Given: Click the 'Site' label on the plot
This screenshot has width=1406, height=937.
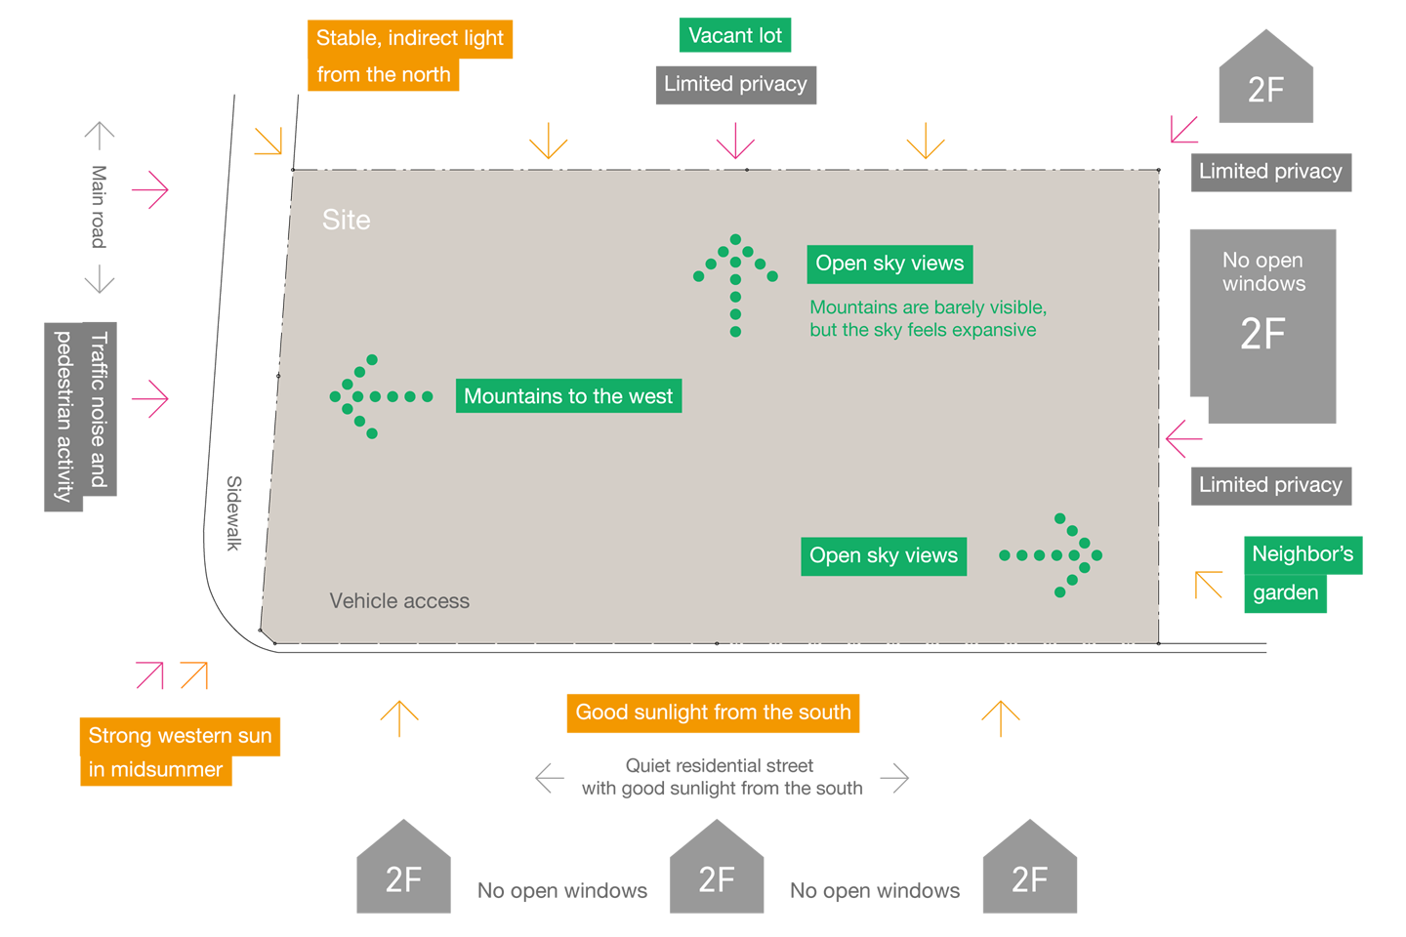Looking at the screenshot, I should pos(347,221).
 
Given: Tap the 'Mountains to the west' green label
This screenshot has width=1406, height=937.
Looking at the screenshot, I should pos(568,396).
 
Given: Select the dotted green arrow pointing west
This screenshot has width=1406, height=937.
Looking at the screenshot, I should pos(376,396).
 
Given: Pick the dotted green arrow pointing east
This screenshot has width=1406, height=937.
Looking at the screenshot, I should pos(1054,555).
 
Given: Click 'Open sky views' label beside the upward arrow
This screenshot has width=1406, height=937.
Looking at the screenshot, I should pos(889,264).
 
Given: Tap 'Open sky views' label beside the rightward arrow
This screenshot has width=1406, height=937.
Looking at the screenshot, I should pos(884,556).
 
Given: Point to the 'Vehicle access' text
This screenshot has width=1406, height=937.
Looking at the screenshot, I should pos(399,601).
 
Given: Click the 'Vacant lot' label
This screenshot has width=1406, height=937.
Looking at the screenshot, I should pos(735,36).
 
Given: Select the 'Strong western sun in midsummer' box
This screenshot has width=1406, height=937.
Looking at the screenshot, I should pos(180,753).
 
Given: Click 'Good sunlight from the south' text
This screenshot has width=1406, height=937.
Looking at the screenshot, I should pos(713,713).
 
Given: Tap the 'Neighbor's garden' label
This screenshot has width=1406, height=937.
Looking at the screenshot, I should pos(1303,573).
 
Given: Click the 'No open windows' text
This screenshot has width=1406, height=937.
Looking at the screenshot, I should pos(1263,272).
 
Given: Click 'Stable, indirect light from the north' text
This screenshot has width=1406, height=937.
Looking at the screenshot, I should pos(410,56).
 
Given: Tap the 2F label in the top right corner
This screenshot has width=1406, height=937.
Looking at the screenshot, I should pos(1266,90).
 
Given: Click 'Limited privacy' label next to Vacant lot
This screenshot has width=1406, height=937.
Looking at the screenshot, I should pos(735,84).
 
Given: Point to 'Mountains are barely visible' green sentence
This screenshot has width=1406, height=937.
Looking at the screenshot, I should pos(928,319).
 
